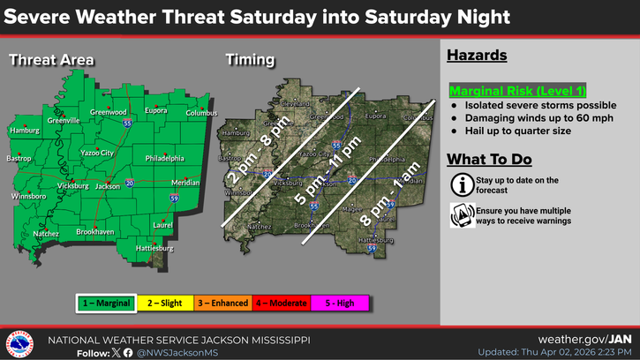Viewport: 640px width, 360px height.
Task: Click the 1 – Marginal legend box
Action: click(x=104, y=303)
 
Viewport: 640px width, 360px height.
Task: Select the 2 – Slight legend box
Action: click(x=165, y=303)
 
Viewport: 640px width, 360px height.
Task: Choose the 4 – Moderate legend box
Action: click(x=282, y=303)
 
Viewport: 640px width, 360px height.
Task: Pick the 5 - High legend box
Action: click(x=340, y=303)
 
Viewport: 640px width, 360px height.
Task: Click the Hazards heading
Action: click(x=477, y=56)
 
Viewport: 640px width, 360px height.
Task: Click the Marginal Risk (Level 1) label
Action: click(x=518, y=92)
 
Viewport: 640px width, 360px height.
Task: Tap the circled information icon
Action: click(x=460, y=184)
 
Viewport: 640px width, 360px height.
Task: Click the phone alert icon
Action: click(x=460, y=214)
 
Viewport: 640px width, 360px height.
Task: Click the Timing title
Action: click(x=250, y=60)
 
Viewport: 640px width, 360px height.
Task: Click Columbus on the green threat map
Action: click(x=201, y=113)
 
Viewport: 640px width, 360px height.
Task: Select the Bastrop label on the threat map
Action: click(x=20, y=159)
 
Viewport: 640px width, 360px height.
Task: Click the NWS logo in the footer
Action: click(x=19, y=343)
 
